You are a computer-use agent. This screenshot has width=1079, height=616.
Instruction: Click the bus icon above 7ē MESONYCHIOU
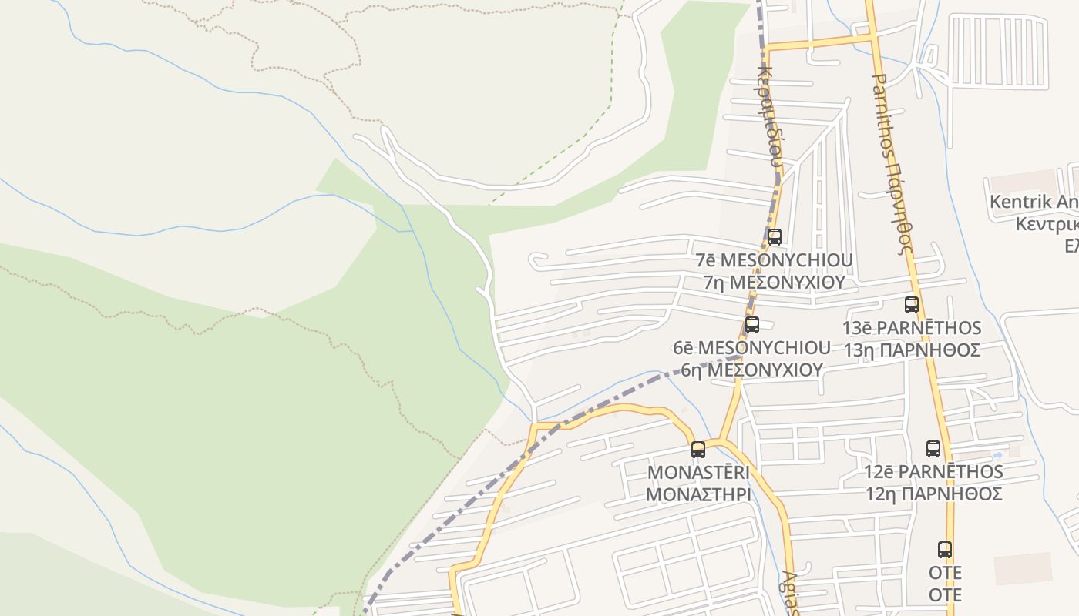pyautogui.click(x=775, y=236)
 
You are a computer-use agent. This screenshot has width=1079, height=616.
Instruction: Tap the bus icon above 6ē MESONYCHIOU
pyautogui.click(x=752, y=324)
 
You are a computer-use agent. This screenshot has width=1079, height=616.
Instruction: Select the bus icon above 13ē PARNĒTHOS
pyautogui.click(x=912, y=304)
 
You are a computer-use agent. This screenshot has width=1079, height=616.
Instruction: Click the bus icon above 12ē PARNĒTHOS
pyautogui.click(x=933, y=448)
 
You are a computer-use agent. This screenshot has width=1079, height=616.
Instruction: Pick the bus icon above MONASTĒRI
pyautogui.click(x=698, y=449)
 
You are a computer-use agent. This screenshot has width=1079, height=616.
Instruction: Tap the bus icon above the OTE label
pyautogui.click(x=945, y=549)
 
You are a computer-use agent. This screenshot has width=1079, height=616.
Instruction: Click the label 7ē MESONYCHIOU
pyautogui.click(x=774, y=260)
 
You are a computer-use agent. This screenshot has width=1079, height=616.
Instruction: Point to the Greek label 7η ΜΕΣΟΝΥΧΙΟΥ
pyautogui.click(x=774, y=282)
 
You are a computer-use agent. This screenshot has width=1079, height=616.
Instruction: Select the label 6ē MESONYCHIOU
pyautogui.click(x=751, y=348)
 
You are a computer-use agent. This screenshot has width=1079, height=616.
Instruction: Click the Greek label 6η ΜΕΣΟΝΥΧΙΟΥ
pyautogui.click(x=751, y=370)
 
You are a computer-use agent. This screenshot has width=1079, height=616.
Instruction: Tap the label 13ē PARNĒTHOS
pyautogui.click(x=911, y=328)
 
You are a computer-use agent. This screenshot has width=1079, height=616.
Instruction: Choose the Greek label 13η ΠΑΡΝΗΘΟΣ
pyautogui.click(x=911, y=350)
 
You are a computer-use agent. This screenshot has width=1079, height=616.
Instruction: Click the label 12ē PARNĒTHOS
pyautogui.click(x=933, y=471)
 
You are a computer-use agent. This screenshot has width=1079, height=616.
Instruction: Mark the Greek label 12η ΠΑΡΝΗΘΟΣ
pyautogui.click(x=933, y=494)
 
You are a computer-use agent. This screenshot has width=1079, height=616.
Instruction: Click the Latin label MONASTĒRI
pyautogui.click(x=698, y=471)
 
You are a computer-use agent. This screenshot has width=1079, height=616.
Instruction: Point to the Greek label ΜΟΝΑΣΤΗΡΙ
pyautogui.click(x=698, y=494)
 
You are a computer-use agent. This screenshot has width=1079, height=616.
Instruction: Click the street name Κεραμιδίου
pyautogui.click(x=771, y=115)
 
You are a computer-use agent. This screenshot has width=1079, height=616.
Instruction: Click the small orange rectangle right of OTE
pyautogui.click(x=1023, y=568)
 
